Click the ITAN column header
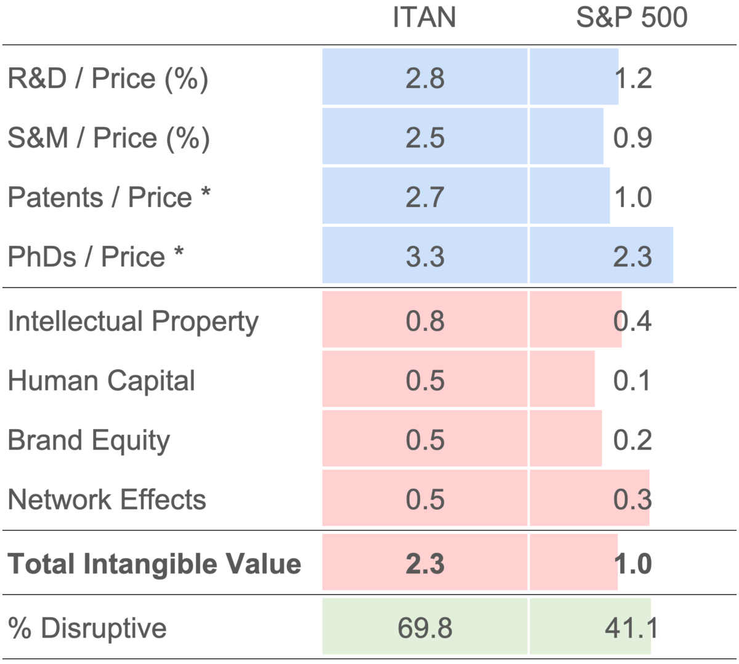(x=424, y=17)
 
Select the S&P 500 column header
(x=631, y=17)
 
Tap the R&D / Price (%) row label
(x=108, y=79)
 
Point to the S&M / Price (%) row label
(x=108, y=137)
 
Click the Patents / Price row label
(x=109, y=197)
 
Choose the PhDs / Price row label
(x=95, y=256)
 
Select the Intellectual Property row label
(x=133, y=321)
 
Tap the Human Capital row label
(x=101, y=380)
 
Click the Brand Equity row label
(x=89, y=440)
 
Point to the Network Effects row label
(x=107, y=499)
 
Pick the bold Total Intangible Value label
(x=154, y=564)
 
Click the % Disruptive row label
(x=87, y=628)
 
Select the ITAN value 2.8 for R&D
(x=425, y=79)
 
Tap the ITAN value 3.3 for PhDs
(x=425, y=256)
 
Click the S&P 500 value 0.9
(x=632, y=137)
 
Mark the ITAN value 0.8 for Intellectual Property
(x=425, y=321)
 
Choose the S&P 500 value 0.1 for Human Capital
(x=632, y=380)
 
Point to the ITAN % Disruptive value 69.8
(x=425, y=628)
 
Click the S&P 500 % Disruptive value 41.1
(x=631, y=628)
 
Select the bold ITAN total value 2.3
(x=425, y=564)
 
